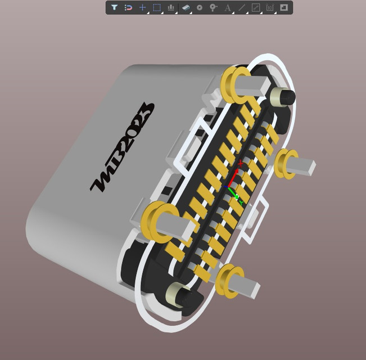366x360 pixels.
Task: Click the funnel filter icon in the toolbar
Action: (114, 8)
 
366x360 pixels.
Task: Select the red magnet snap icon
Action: (128, 8)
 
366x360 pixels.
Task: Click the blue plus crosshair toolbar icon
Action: (142, 8)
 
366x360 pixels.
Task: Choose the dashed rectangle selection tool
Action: (157, 8)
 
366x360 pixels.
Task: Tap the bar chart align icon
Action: (171, 8)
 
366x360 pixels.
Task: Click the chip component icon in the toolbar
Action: (186, 8)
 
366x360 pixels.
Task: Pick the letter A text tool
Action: (228, 8)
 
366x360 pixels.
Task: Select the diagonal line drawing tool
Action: (242, 8)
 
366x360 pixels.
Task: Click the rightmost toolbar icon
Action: (284, 8)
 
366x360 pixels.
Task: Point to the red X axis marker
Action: (241, 163)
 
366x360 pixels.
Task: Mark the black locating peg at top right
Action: (283, 97)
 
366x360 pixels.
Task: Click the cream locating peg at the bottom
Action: (178, 295)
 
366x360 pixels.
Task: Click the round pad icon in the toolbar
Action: (199, 8)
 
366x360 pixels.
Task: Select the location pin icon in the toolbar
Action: (213, 8)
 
